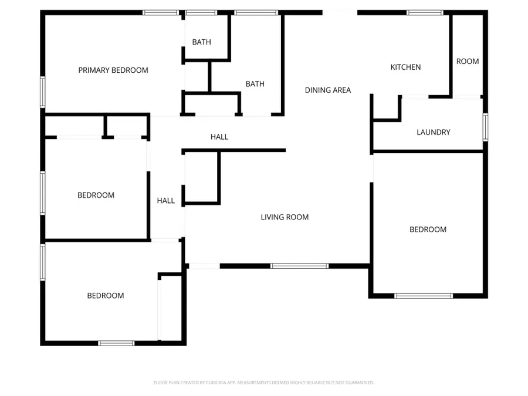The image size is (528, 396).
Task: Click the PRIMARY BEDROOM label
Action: pos(113,70)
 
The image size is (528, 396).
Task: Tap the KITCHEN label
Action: pos(405,67)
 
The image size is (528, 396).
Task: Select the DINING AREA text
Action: pos(328,90)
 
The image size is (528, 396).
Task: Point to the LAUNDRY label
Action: pos(433,133)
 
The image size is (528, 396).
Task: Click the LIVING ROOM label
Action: pos(285,218)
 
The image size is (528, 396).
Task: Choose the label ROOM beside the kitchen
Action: pos(468,62)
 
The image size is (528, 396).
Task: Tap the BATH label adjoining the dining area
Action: pos(255,84)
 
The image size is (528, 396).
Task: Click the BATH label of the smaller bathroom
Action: pos(201,42)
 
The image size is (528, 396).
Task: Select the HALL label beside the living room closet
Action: pos(165,201)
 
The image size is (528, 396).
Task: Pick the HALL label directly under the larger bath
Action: pos(219,137)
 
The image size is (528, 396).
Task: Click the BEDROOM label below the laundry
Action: pos(428,230)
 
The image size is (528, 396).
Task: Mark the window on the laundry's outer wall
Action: pos(485,127)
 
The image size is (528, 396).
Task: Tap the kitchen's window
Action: pos(425,12)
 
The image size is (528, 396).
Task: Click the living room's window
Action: pos(299,266)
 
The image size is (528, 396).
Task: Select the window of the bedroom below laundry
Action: pos(423,296)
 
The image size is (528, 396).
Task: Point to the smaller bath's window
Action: pos(201,12)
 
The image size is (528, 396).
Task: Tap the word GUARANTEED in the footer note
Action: pos(358,383)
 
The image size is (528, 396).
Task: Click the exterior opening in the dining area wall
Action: pos(340,12)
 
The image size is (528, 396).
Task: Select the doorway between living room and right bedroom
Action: pos(372,168)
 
